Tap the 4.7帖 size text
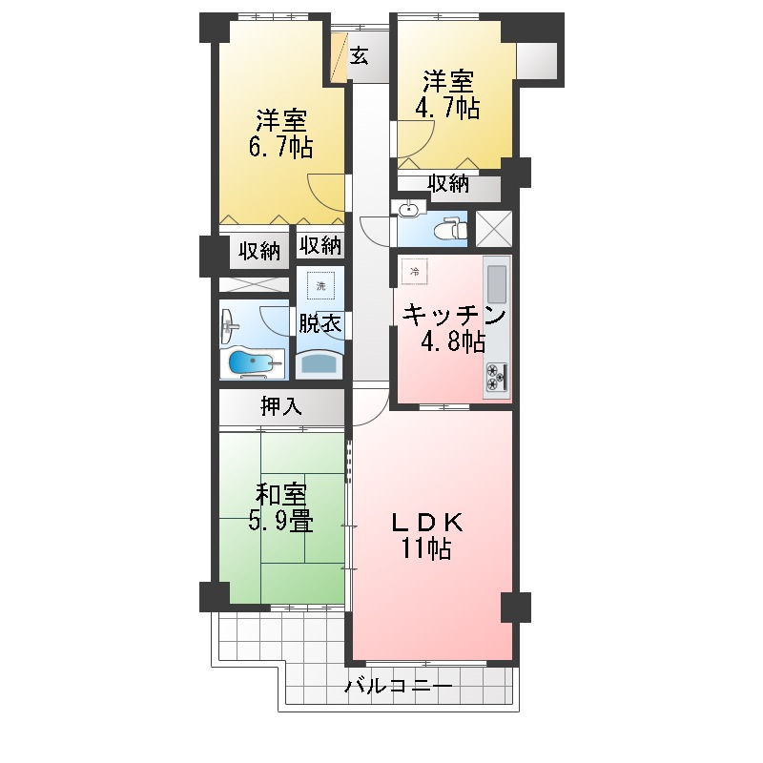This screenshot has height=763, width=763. tap(446, 107)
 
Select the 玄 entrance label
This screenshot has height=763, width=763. tap(359, 56)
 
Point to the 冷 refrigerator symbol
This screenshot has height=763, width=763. tap(414, 272)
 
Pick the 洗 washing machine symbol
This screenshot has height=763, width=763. tap(320, 286)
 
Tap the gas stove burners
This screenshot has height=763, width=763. tap(497, 378)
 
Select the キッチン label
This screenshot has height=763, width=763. tap(452, 314)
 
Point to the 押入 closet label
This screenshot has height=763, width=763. tap(281, 407)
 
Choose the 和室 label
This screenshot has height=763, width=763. tap(281, 495)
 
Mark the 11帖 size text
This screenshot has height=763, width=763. tap(427, 549)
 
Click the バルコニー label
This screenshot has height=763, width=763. tap(398, 686)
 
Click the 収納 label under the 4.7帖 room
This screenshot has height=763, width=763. tap(447, 184)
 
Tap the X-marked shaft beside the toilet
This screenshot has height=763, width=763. tap(493, 228)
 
